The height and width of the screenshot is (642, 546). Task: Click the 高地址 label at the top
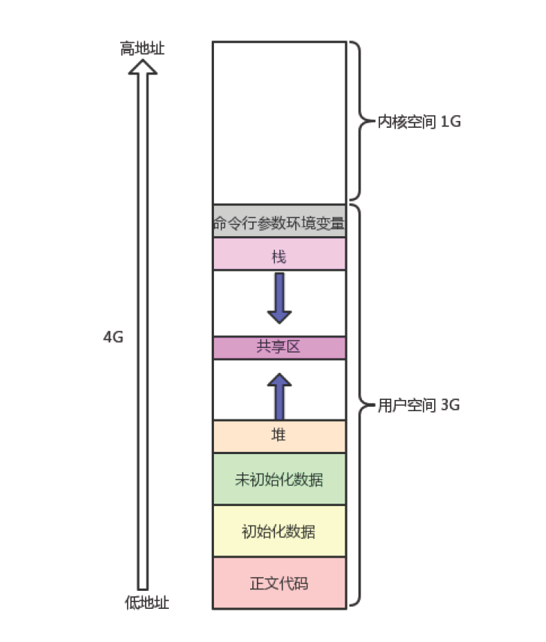pos(142,49)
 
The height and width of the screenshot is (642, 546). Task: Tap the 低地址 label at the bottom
pos(146,602)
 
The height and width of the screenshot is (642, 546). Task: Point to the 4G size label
pos(113,338)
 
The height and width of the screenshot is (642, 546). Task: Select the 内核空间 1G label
pos(418,121)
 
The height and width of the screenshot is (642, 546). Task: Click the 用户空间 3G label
pos(418,405)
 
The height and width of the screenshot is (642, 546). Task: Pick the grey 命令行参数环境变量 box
pos(279,222)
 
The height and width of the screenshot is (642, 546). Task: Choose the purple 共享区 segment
pos(279,347)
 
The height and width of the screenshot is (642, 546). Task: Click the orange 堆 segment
pos(279,435)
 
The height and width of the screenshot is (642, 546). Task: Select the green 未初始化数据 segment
pos(279,479)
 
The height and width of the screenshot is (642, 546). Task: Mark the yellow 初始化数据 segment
pos(279,531)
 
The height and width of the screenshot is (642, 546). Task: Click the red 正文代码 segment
pos(279,583)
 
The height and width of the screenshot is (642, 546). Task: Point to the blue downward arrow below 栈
pos(279,298)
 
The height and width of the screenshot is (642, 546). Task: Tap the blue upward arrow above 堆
pos(279,395)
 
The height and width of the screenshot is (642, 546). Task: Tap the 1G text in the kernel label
pos(450,121)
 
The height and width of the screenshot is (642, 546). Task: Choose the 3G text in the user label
pos(450,405)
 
